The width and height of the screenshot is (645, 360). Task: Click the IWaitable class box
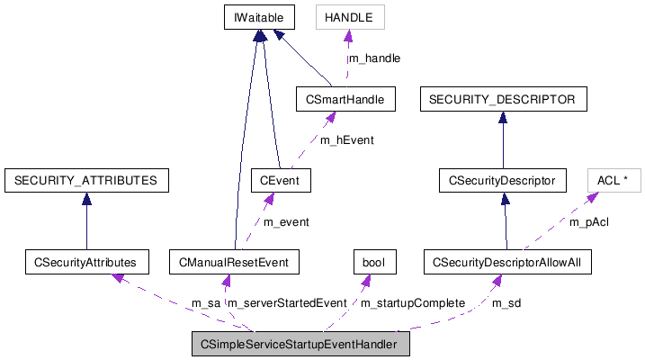259,16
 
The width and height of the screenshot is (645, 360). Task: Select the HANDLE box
349,16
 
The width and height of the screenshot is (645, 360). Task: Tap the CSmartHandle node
345,99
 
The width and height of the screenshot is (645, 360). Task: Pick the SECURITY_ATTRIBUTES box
85,181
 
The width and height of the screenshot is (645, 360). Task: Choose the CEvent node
281,181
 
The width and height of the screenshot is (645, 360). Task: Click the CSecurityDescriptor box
503,181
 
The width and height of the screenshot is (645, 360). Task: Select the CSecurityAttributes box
85,263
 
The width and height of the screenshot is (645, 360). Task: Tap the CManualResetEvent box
234,263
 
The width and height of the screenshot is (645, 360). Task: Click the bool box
372,263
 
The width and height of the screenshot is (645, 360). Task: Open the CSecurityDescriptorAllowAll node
507,263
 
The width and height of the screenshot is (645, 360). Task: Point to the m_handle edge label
374,58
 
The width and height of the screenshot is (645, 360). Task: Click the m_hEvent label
346,140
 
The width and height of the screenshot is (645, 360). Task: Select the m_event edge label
285,221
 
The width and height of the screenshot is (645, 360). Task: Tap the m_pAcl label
589,221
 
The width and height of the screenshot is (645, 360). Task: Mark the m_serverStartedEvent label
286,303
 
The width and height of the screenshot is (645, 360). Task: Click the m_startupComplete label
412,303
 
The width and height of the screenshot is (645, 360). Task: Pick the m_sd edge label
506,303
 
